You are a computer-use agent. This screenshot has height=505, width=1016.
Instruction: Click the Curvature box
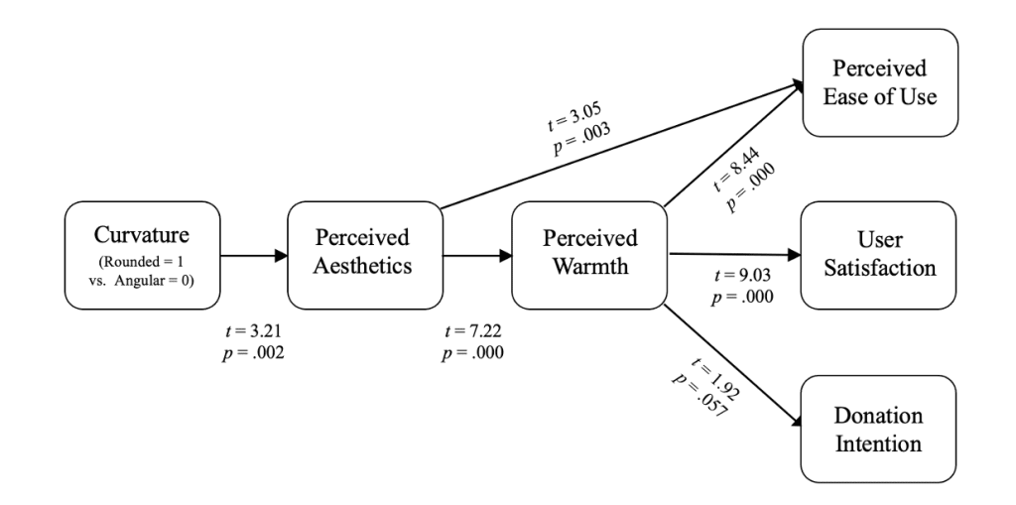pos(140,254)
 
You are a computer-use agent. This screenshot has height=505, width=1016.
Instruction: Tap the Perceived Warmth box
pos(587,254)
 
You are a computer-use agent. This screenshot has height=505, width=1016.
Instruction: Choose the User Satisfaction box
pos(879,254)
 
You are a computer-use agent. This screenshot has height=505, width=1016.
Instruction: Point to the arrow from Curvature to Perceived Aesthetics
pos(251,254)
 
